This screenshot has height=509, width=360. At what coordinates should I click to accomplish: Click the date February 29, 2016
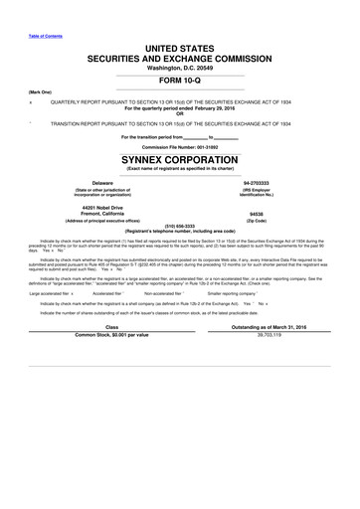[212, 108]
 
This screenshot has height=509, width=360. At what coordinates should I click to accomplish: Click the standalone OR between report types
[180, 114]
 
